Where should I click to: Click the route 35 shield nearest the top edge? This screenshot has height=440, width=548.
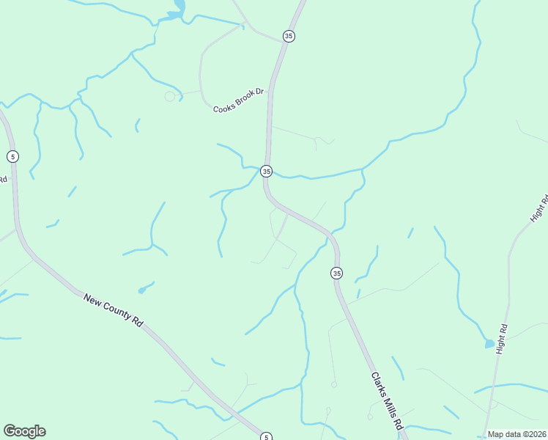[289, 36]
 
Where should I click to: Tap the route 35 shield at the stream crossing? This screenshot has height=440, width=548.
[267, 171]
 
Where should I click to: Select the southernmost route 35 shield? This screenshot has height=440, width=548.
[336, 273]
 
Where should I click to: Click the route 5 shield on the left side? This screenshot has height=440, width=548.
[12, 156]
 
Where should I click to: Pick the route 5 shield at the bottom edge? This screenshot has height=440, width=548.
[267, 437]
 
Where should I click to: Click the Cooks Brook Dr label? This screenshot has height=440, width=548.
[238, 105]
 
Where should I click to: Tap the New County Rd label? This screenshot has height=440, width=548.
[113, 309]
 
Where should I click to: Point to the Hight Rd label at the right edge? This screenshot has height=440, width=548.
[539, 208]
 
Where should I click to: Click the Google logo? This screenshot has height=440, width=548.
[24, 431]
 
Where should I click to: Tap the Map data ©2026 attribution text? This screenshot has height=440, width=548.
[516, 434]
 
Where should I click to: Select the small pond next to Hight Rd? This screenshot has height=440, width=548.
[489, 343]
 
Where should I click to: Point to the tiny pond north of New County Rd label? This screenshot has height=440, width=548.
[141, 290]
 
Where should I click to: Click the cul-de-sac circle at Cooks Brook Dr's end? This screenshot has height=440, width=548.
[170, 96]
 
